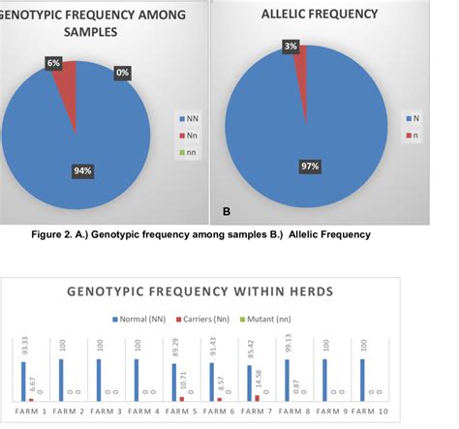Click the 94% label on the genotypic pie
click(x=81, y=171)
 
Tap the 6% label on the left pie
click(x=53, y=63)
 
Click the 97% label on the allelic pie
click(x=311, y=167)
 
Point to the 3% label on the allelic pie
click(x=291, y=46)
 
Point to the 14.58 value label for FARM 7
click(x=257, y=383)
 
